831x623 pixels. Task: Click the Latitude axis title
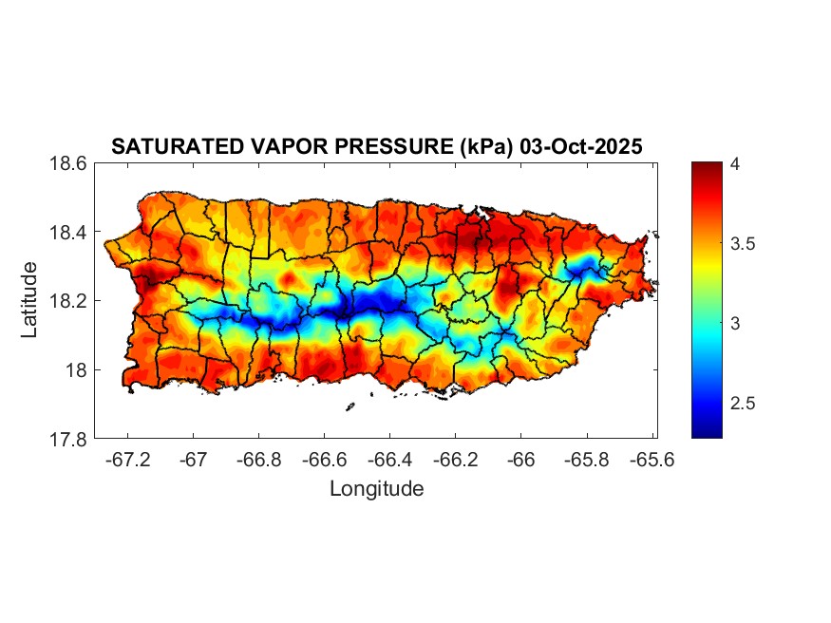29,300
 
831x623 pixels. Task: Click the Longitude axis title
376,490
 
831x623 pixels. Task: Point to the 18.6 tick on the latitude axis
69,163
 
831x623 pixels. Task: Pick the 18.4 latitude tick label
69,233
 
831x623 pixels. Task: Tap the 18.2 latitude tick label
69,301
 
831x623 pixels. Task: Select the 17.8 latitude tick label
69,439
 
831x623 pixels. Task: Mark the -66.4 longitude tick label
390,461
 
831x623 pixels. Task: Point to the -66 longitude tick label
521,461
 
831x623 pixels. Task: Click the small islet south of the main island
349,406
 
